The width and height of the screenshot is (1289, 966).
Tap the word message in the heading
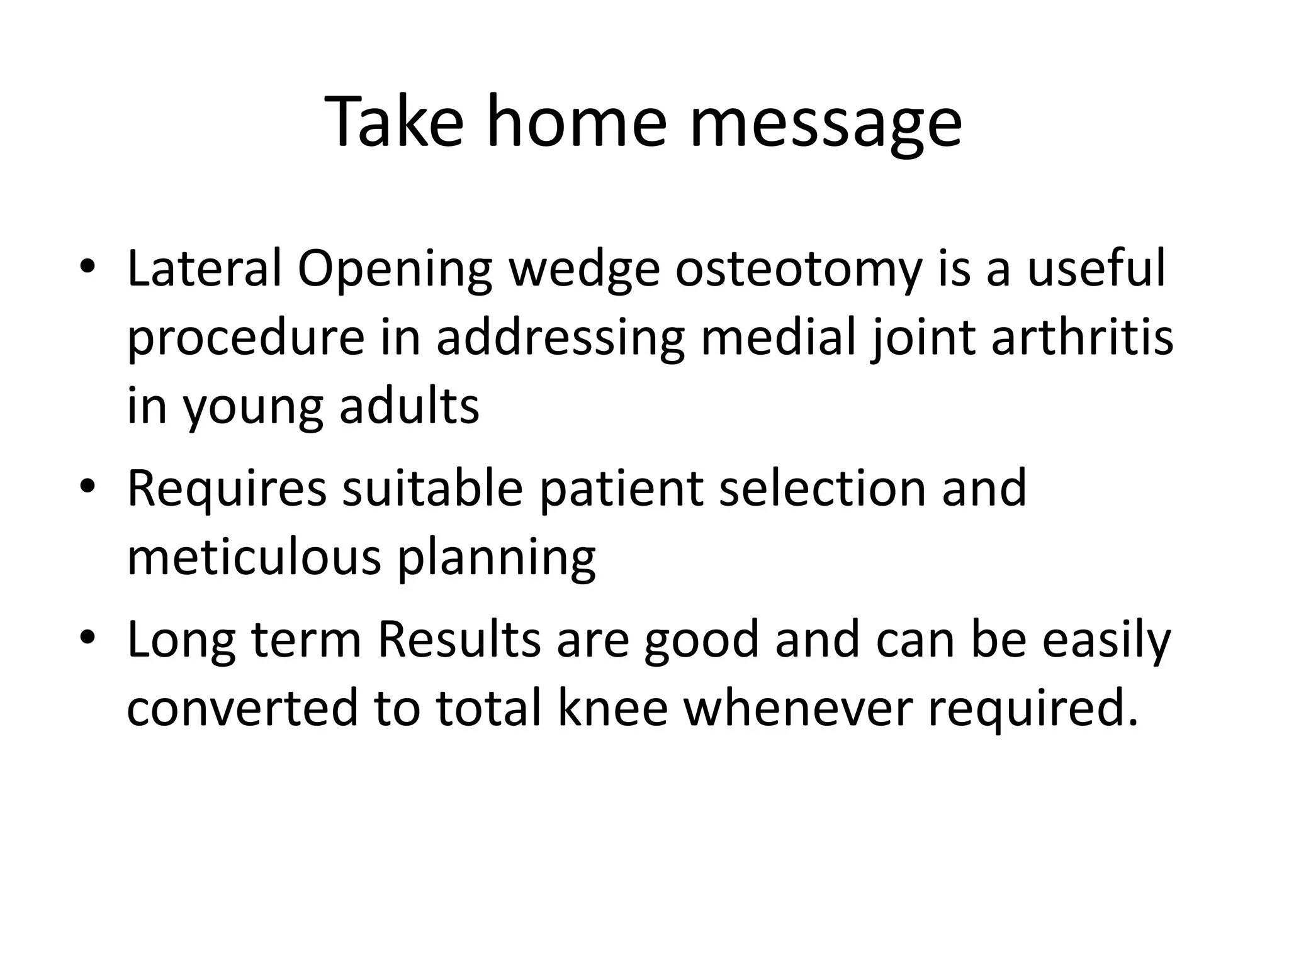pos(825,123)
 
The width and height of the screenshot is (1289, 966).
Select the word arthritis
pos(1082,337)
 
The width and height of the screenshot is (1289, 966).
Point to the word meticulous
pos(254,556)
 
